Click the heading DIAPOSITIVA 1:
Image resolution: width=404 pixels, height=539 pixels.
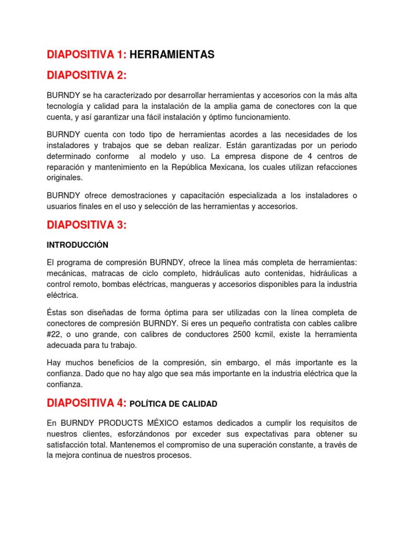[86, 55]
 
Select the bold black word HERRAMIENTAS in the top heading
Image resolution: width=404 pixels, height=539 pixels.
[172, 55]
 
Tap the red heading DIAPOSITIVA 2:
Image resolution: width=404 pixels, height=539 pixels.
[87, 76]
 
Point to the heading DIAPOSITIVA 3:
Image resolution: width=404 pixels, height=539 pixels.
[87, 225]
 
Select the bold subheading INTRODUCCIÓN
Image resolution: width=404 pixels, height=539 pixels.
[77, 245]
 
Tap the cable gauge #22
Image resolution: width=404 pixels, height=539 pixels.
[54, 335]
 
